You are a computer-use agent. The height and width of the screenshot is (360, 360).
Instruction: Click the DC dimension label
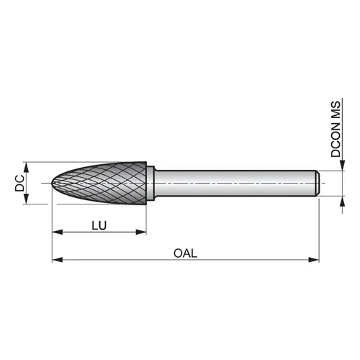pyautogui.click(x=19, y=183)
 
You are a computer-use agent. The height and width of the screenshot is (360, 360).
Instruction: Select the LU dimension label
pyautogui.click(x=99, y=225)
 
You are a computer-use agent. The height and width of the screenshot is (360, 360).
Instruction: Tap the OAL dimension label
pyautogui.click(x=185, y=253)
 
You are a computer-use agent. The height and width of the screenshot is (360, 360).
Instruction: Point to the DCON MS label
pyautogui.click(x=336, y=129)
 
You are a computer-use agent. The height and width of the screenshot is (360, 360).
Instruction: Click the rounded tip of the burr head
pyautogui.click(x=53, y=184)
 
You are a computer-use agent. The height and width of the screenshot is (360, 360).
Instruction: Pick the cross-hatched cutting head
pyautogui.click(x=99, y=184)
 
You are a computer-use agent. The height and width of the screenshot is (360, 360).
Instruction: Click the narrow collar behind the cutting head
pyautogui.click(x=150, y=184)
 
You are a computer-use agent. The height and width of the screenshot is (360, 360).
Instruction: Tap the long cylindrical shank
pyautogui.click(x=236, y=184)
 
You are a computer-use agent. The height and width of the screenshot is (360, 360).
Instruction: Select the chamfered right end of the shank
pyautogui.click(x=318, y=184)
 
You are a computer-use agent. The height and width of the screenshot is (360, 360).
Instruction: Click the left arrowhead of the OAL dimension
pyautogui.click(x=58, y=260)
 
